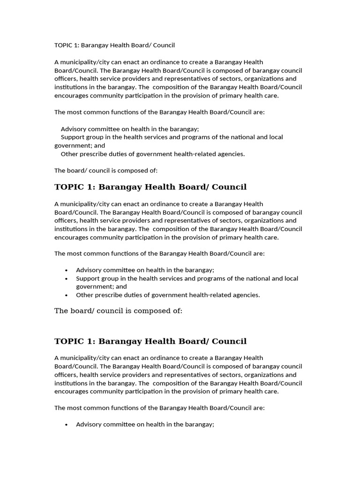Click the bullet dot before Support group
(x=67, y=278)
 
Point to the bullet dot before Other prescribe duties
(x=67, y=295)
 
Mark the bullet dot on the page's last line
(x=67, y=425)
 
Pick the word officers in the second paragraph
(x=66, y=221)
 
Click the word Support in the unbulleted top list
(x=73, y=137)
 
